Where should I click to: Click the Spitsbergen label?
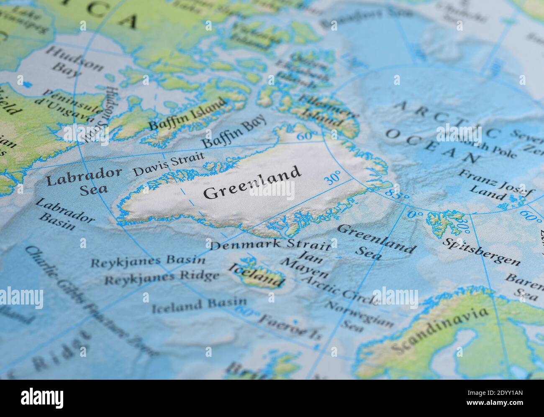click(x=482, y=252)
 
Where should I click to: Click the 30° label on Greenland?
click(x=333, y=178)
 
